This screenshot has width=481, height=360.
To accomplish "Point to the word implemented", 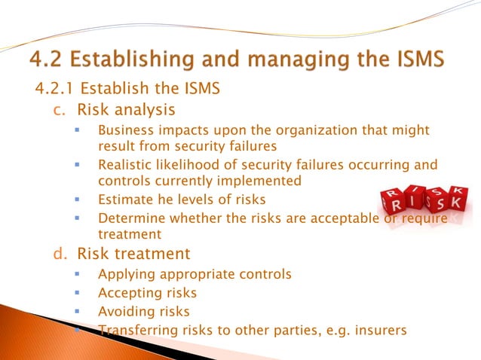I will [265, 181].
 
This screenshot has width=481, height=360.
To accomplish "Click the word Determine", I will [130, 218].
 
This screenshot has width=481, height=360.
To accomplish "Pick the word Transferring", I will [136, 329].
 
